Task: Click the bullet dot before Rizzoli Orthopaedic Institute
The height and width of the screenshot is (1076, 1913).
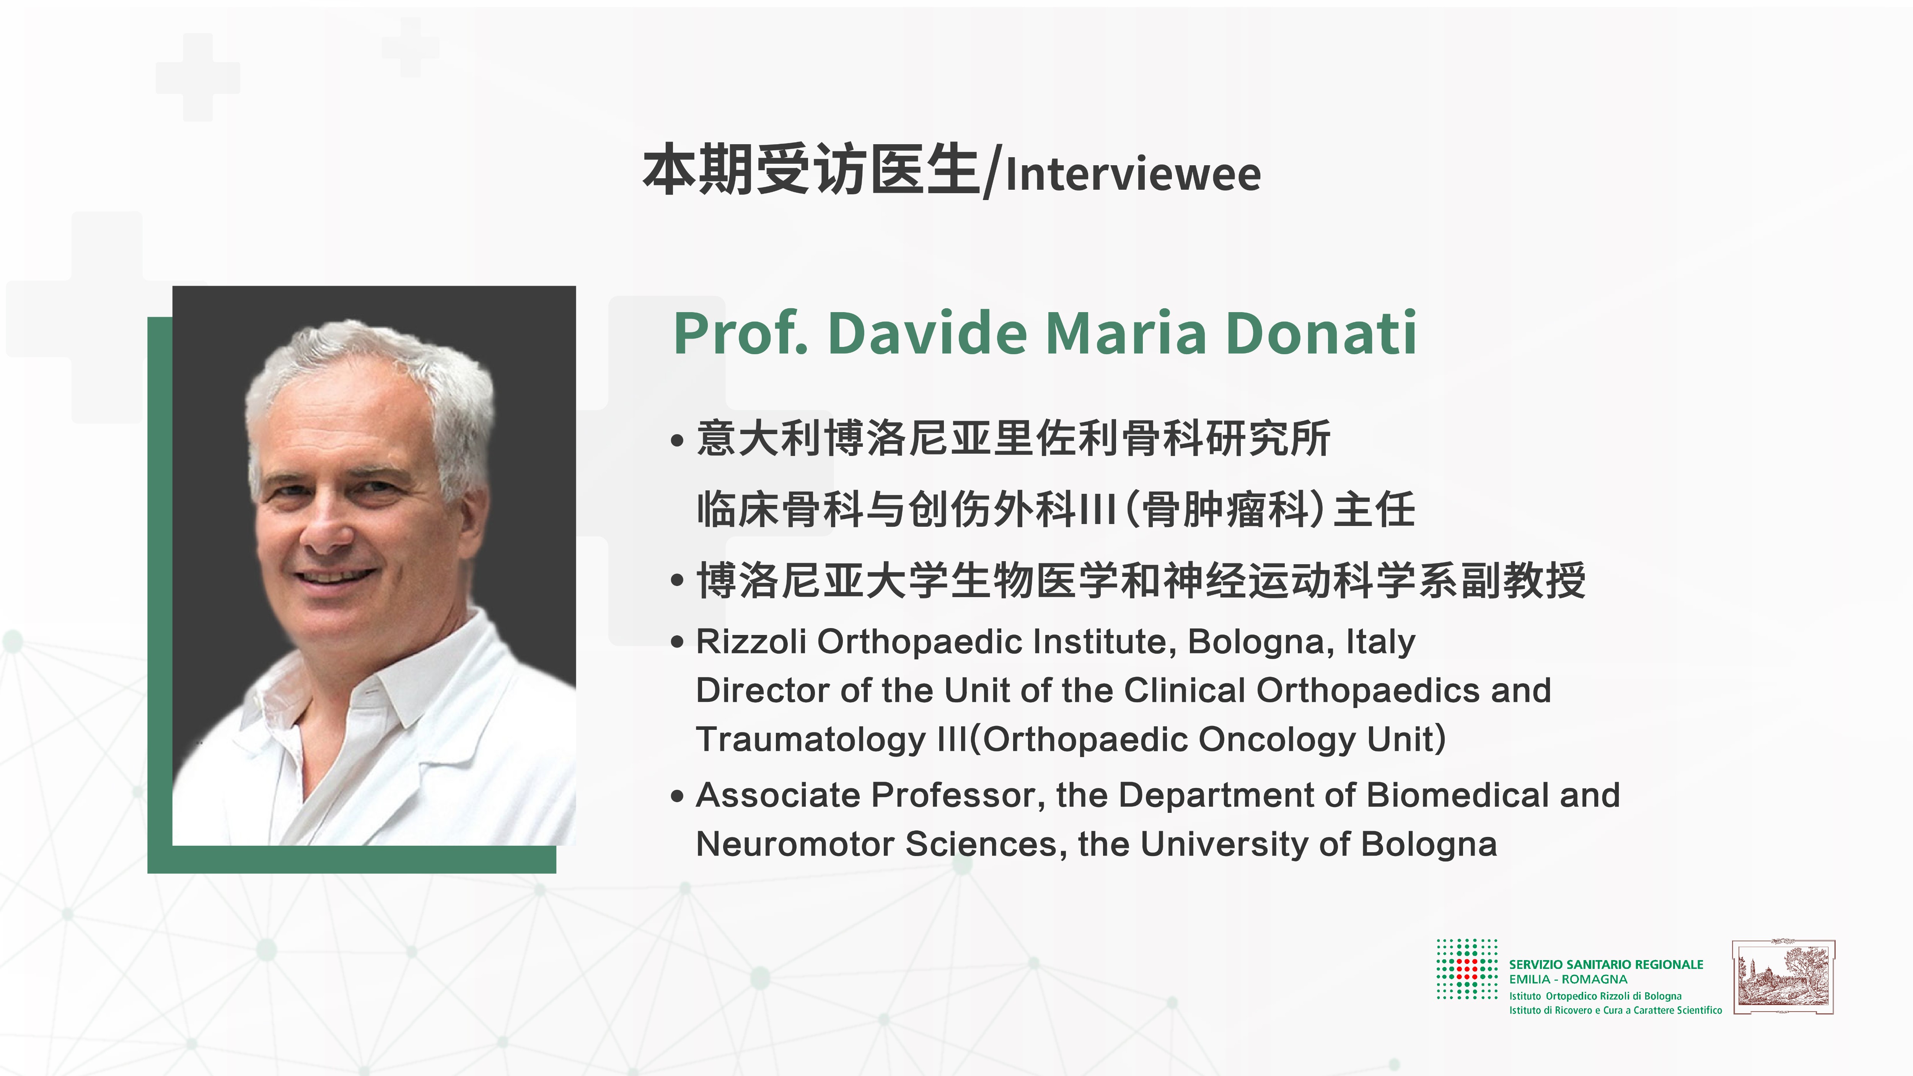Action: pyautogui.click(x=676, y=642)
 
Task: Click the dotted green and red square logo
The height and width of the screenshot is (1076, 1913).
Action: pyautogui.click(x=1467, y=969)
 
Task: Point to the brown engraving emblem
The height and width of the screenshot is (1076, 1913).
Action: pyautogui.click(x=1783, y=977)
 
